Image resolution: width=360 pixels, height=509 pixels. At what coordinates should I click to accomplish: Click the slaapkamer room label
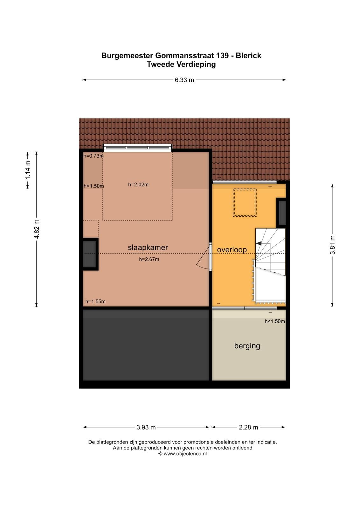(x=148, y=248)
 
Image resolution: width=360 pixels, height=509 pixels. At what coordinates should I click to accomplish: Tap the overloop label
(x=232, y=250)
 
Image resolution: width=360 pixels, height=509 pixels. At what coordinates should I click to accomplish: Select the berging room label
(x=247, y=346)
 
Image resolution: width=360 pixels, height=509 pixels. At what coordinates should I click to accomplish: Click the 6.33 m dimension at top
(x=184, y=80)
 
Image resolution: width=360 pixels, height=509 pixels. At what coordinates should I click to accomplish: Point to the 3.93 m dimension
(x=146, y=427)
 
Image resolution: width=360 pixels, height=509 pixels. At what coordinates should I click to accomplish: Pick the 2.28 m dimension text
(x=248, y=427)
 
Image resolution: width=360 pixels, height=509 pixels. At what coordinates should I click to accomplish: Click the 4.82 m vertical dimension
(x=37, y=229)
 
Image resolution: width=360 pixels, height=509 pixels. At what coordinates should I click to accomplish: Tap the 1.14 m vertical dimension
(x=28, y=170)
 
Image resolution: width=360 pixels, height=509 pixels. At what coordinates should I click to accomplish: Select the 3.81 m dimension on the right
(x=332, y=245)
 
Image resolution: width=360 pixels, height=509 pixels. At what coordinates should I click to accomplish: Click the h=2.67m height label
(x=149, y=260)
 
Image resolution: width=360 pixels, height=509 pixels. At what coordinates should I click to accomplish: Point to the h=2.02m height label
(x=138, y=185)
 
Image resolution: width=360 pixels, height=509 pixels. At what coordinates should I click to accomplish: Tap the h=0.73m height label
(x=93, y=156)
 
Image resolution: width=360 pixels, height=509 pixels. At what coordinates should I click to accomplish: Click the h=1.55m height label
(x=95, y=302)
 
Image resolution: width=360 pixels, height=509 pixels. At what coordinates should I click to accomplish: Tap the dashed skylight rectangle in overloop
(x=245, y=203)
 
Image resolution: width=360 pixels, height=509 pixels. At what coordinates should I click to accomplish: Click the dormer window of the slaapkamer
(x=137, y=148)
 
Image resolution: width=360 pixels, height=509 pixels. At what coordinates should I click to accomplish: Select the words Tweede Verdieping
(x=181, y=65)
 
